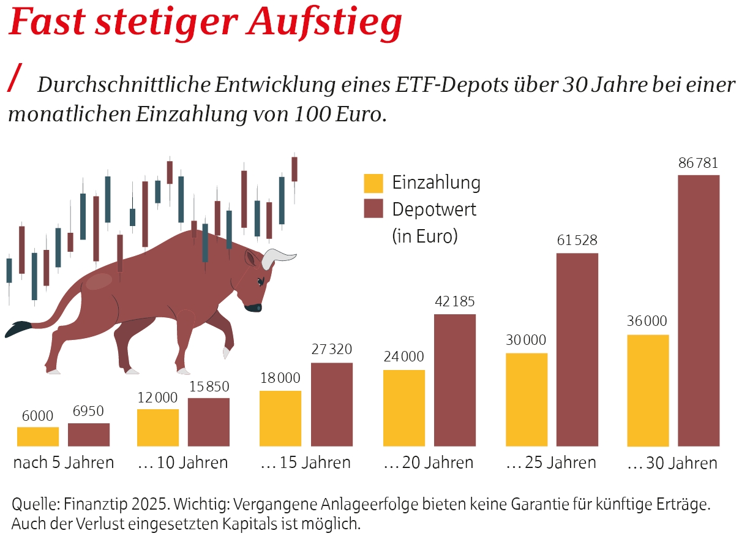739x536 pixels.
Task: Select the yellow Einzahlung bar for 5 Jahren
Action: tap(38, 436)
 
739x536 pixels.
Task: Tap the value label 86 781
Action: tap(699, 164)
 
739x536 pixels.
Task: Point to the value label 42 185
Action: tap(455, 302)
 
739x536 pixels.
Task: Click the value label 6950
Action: tap(89, 411)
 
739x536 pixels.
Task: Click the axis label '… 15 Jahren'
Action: tap(306, 462)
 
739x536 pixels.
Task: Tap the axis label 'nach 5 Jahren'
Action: tap(64, 462)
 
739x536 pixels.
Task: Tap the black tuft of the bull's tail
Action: tap(18, 329)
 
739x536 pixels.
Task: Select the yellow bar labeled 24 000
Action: tap(404, 407)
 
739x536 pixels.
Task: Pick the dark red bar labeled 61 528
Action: tap(577, 349)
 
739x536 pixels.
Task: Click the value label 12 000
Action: tap(158, 397)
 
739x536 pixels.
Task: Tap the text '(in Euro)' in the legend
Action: tap(425, 236)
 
